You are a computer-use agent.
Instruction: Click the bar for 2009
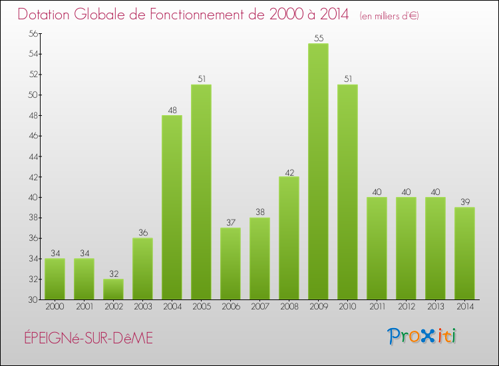click(x=318, y=171)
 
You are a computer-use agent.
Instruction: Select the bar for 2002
click(x=113, y=289)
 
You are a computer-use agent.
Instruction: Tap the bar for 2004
click(x=172, y=207)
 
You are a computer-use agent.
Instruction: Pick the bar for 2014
click(x=464, y=253)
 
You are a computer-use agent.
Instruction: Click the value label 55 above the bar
click(x=318, y=38)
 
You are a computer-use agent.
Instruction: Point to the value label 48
click(x=172, y=110)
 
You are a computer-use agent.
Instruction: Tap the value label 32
click(x=113, y=274)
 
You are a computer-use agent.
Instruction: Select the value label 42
click(x=289, y=171)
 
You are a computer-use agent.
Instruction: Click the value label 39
click(x=464, y=202)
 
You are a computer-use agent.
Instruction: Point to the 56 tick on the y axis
click(x=32, y=34)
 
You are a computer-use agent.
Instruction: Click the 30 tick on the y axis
click(x=32, y=299)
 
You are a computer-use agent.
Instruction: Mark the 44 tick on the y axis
click(x=32, y=156)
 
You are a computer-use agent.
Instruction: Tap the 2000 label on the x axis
click(x=55, y=307)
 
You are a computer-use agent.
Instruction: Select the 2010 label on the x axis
click(x=347, y=307)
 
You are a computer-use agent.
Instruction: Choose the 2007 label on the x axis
click(x=259, y=307)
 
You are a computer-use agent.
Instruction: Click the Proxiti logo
click(x=422, y=335)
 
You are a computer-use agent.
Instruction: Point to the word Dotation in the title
click(x=45, y=15)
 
